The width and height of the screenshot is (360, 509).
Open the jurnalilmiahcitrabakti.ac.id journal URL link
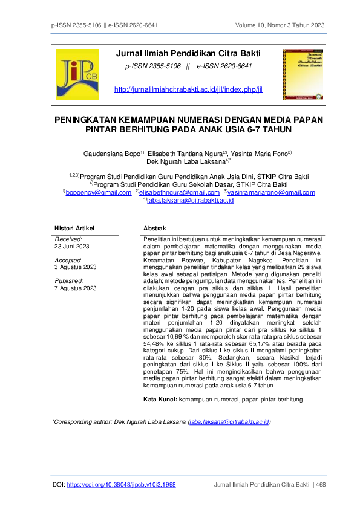[x=188, y=89]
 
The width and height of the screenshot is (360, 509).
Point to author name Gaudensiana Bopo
[x=113, y=153]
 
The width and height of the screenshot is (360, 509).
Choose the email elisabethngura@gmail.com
[x=177, y=192]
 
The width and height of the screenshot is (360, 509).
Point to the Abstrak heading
[x=154, y=228]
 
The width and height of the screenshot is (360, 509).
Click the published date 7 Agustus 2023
[x=76, y=288]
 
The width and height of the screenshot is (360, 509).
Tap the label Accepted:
[x=68, y=260]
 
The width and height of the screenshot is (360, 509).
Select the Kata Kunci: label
[x=160, y=399]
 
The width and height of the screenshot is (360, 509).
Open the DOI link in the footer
[x=121, y=484]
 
